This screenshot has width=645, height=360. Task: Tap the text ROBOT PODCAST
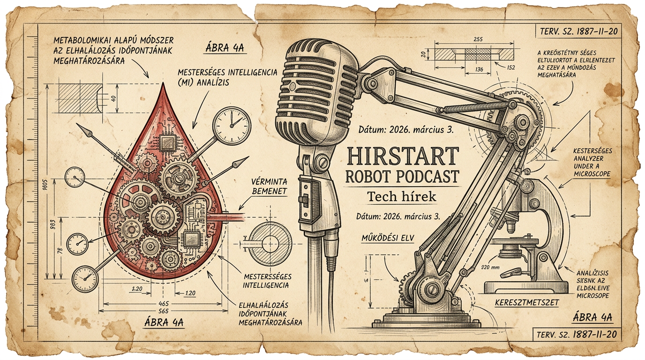tap(401, 177)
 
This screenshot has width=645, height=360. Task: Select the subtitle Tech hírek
tap(401, 197)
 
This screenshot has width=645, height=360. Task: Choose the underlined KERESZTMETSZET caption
tap(527, 302)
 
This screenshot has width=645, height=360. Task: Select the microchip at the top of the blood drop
tap(167, 141)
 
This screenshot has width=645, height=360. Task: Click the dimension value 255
tap(479, 40)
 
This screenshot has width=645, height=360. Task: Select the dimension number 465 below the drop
tap(164, 304)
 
